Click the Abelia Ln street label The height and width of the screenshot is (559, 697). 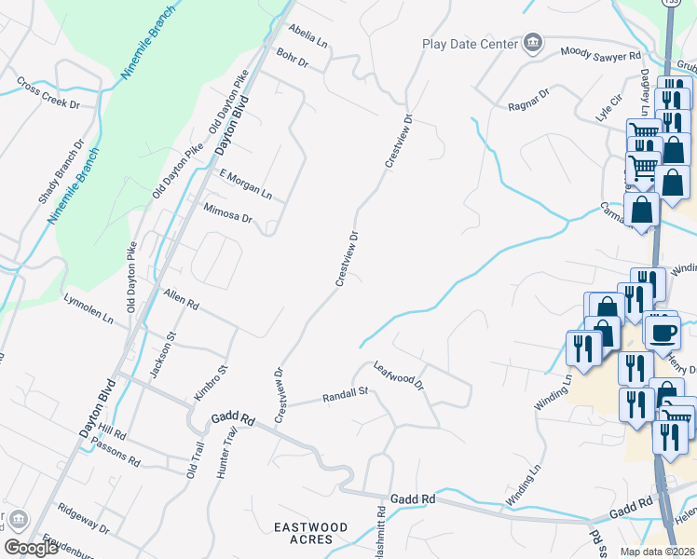(308, 35)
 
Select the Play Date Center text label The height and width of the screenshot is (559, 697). (469, 43)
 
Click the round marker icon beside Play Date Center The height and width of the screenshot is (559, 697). (532, 42)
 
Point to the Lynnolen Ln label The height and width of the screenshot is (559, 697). (88, 309)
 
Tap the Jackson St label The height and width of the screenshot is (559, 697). (169, 349)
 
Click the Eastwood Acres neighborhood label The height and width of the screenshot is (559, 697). (310, 534)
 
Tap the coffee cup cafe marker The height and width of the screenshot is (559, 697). (663, 332)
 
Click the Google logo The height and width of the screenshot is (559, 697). (31, 548)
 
